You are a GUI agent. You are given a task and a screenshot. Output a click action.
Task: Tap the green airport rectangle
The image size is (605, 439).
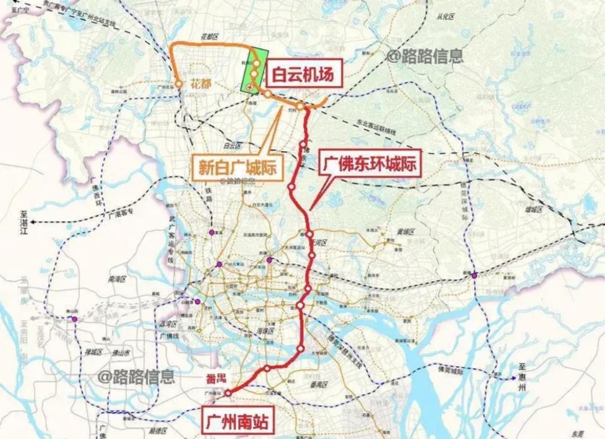click(255, 72)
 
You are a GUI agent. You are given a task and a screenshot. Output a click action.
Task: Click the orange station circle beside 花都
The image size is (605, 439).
click(179, 83)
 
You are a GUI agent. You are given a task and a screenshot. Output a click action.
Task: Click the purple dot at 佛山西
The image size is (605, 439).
click(75, 320)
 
